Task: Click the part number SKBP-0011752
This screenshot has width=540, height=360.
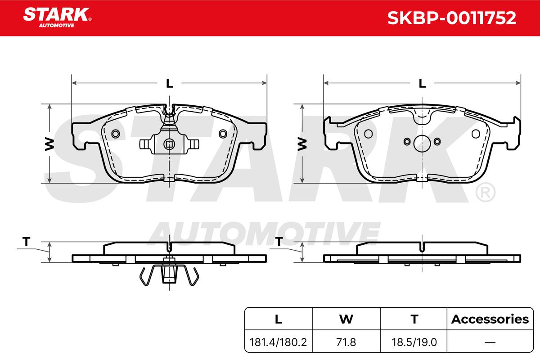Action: [x=451, y=18]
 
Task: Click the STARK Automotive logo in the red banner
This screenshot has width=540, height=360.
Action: [x=57, y=18]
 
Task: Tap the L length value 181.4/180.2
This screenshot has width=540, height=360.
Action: [x=278, y=342]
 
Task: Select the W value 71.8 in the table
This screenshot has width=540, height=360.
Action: [x=346, y=342]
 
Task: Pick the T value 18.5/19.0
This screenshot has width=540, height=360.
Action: [x=414, y=342]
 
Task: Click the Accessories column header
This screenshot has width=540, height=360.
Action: [x=490, y=319]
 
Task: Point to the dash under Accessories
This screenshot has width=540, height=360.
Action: [x=490, y=342]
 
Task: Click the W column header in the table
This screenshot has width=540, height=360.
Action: [x=346, y=319]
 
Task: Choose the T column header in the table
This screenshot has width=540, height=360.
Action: [x=414, y=319]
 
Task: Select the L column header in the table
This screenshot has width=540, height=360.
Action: [x=279, y=319]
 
